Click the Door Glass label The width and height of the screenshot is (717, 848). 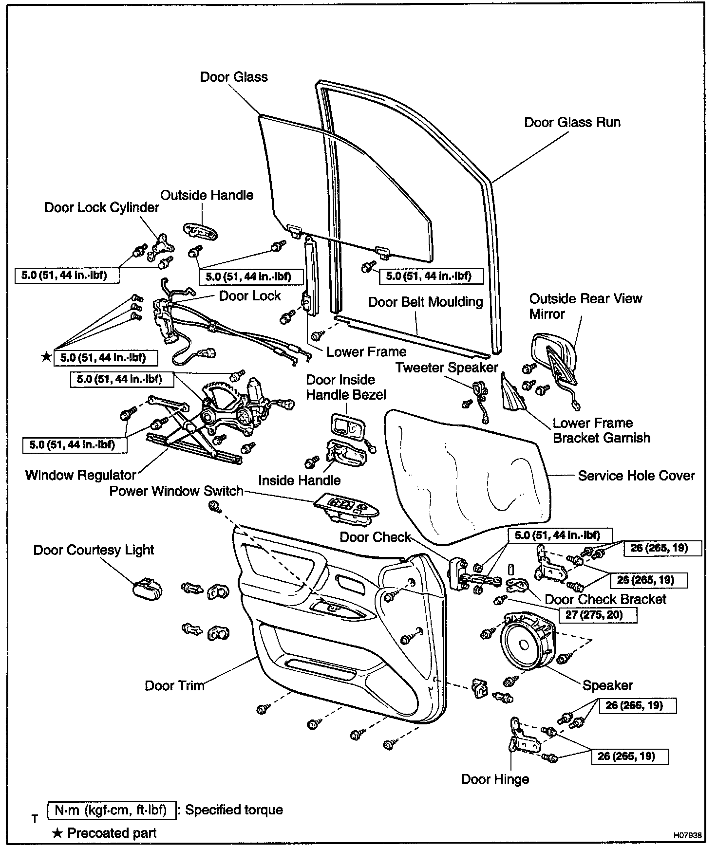pos(234,77)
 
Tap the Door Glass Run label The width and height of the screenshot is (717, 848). pos(572,122)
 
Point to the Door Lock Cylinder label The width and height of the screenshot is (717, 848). pos(101,207)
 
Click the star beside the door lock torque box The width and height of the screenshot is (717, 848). pos(46,357)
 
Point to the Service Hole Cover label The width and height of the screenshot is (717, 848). pos(636,476)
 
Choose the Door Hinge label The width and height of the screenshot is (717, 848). pos(495,779)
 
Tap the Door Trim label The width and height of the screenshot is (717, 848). pos(174,685)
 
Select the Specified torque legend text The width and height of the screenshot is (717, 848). pos(234,810)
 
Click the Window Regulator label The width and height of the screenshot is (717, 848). pos(80,475)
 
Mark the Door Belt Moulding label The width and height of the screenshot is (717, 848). pos(425,302)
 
